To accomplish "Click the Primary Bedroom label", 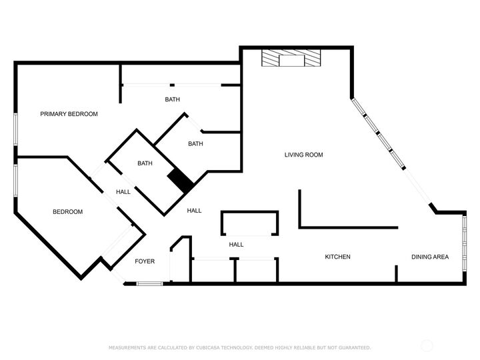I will (69, 114).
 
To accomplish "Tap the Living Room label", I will (303, 155).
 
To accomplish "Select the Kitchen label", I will (337, 257).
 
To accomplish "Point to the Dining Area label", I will (429, 257).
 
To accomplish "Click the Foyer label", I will (145, 261).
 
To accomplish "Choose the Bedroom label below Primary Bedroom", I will (67, 212).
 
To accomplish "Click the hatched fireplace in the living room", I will (291, 60).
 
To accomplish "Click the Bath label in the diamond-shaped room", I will (145, 163).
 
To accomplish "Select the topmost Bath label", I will (173, 100).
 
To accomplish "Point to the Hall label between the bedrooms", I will (123, 192).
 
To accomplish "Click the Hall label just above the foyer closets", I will (236, 245).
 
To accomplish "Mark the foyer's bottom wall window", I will (150, 284).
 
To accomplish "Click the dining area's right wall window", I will (463, 247).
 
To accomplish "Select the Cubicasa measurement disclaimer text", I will (240, 347).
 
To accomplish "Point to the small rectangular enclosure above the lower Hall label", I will (250, 223).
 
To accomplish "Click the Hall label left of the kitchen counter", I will (194, 211).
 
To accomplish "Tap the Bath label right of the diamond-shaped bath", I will (195, 143).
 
